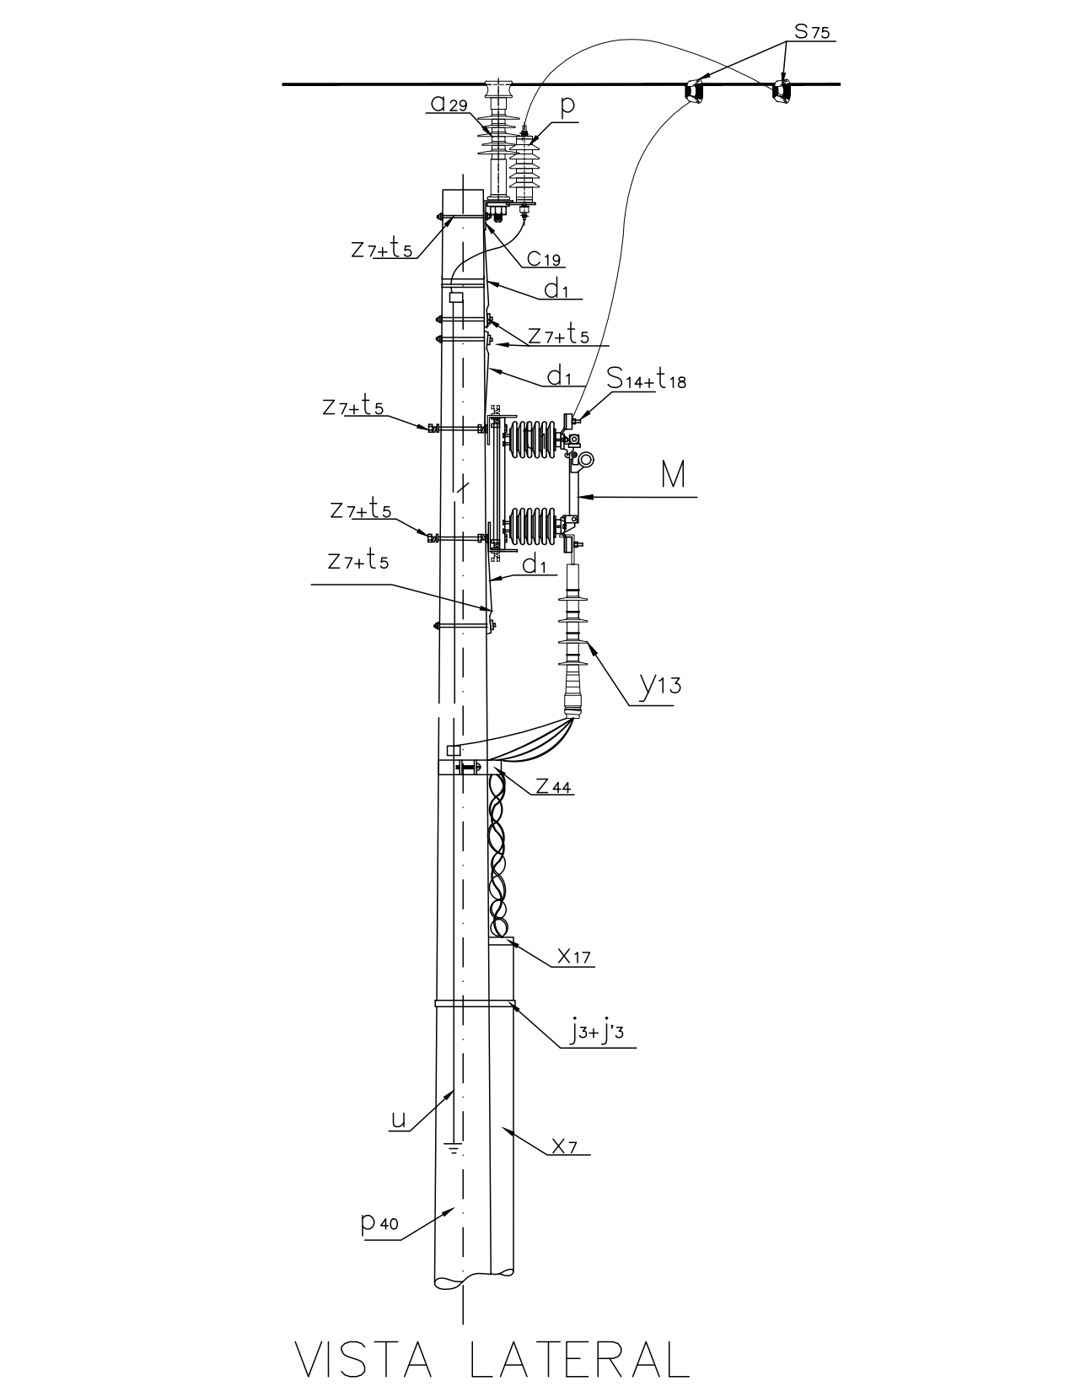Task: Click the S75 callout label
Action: tap(812, 31)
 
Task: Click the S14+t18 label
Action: tap(646, 380)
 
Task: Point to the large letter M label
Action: tap(673, 475)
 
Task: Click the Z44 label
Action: tap(553, 785)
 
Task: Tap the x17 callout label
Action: tap(573, 957)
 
